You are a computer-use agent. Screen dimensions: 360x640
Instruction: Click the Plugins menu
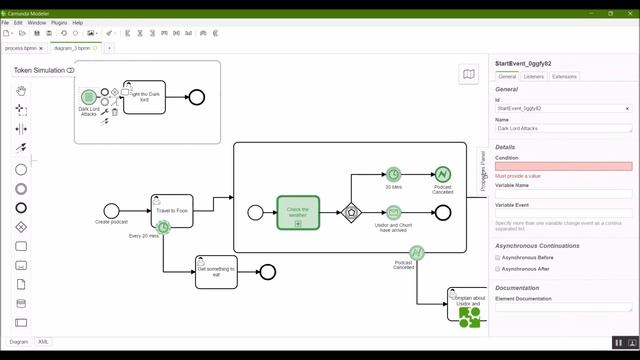point(59,22)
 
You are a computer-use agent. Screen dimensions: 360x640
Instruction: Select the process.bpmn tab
point(21,47)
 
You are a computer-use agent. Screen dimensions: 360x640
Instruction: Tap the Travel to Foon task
point(172,211)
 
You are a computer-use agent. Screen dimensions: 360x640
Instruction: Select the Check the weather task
point(298,211)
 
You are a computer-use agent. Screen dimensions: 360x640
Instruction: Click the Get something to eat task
point(216,271)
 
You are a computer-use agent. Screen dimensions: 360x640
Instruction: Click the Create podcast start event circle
point(111,211)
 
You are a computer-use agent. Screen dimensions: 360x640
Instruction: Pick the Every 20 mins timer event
point(162,228)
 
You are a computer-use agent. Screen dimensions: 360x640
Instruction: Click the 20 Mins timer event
point(394,175)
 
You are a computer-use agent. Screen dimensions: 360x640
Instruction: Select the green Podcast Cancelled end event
point(443,175)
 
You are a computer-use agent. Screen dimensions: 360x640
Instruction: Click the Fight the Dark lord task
point(144,96)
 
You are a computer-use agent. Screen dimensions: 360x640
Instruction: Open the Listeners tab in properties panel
point(534,76)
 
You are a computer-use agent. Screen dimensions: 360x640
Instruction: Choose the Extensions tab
point(564,76)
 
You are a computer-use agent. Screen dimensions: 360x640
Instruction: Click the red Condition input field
point(563,166)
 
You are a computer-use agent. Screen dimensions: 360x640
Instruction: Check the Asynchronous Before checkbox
point(499,257)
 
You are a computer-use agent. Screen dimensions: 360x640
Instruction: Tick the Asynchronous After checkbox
point(499,268)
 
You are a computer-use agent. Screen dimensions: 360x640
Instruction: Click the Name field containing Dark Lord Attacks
point(563,128)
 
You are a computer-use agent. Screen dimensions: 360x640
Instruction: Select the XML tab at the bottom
point(44,341)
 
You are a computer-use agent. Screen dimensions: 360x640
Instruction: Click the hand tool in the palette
point(21,90)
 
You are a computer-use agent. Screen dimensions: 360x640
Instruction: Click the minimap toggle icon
point(468,74)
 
